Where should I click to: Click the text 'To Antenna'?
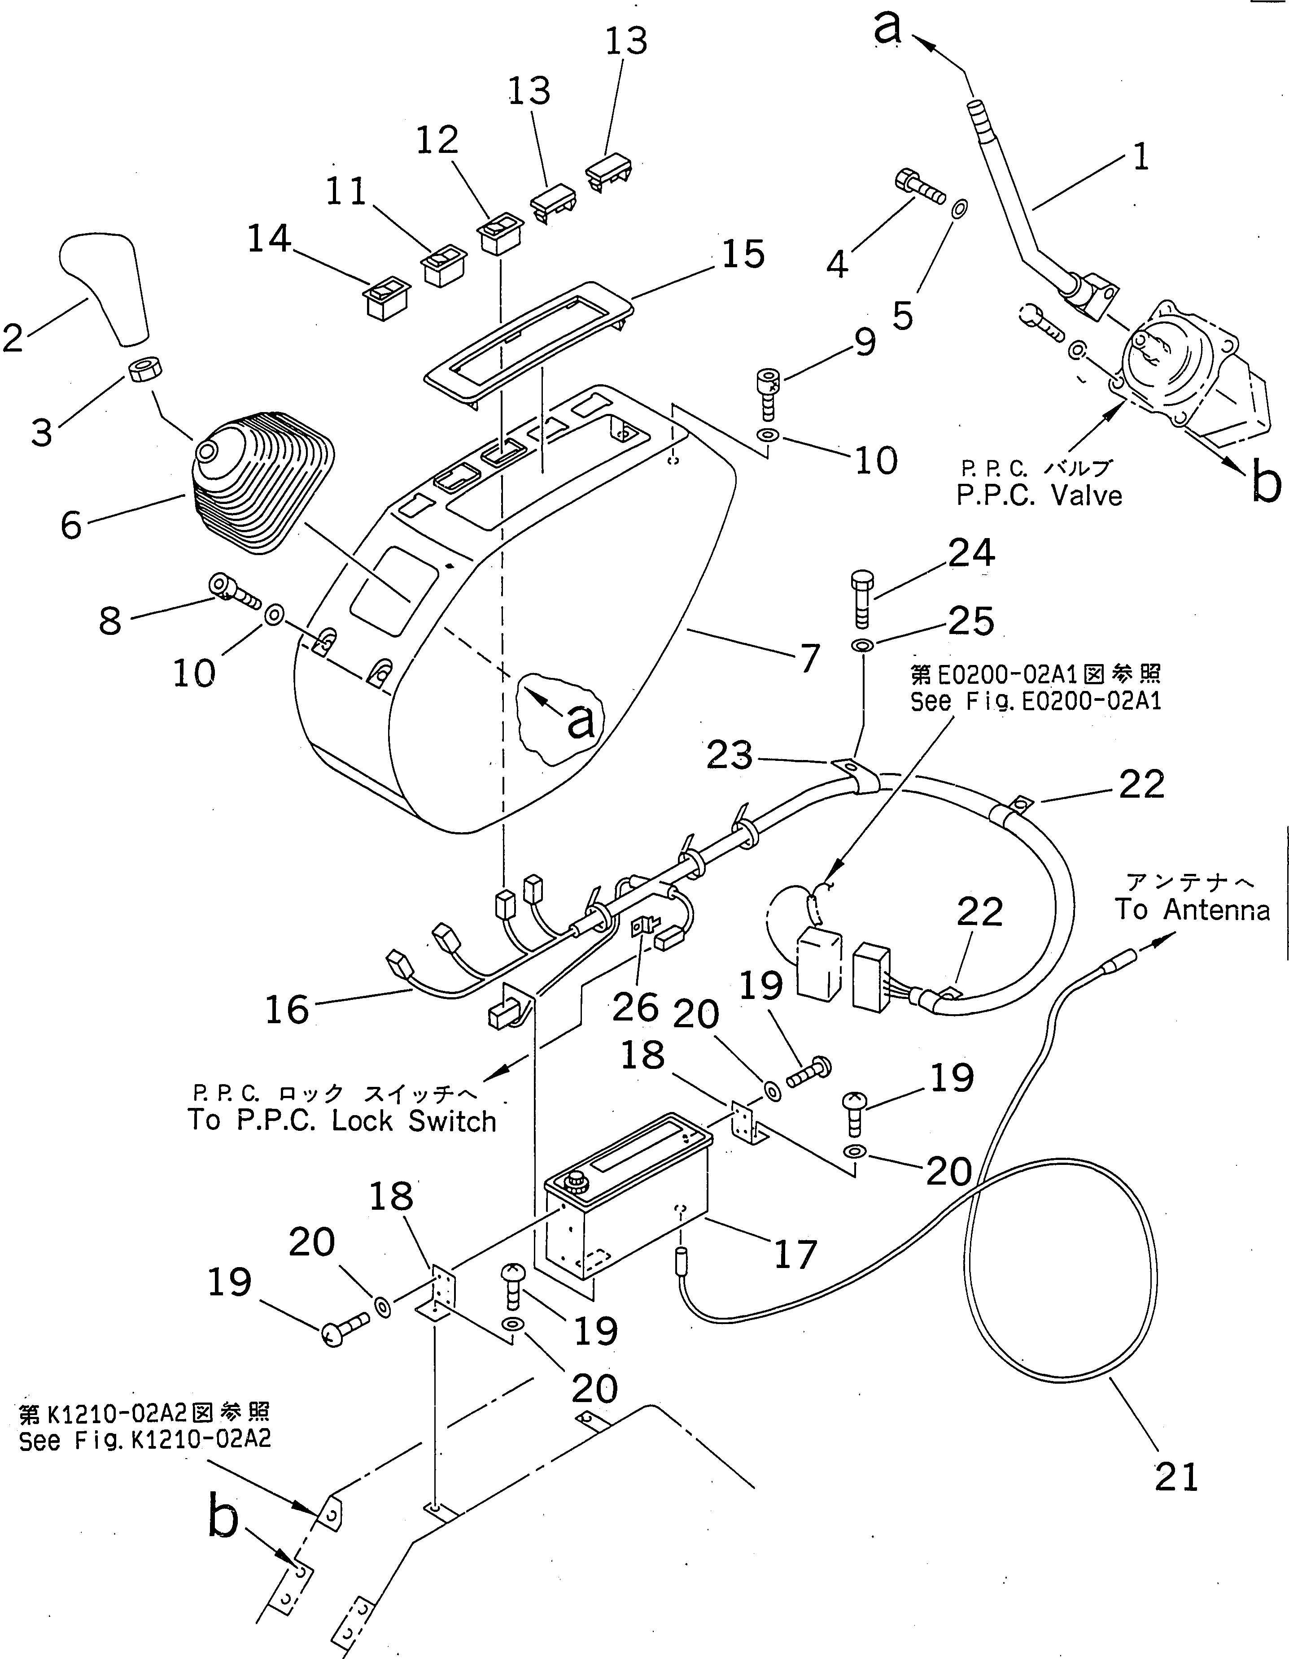click(1192, 909)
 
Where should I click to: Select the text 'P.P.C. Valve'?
click(1038, 496)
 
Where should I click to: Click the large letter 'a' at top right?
click(887, 28)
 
